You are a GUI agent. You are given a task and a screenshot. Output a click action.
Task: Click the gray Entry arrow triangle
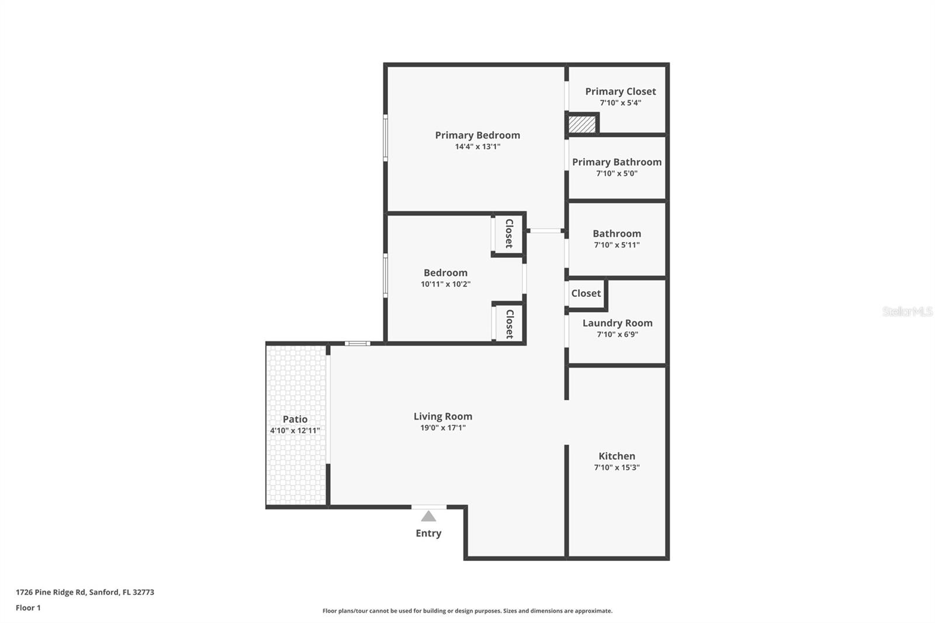click(x=428, y=517)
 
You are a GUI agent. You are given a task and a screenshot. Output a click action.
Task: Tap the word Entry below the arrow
click(x=428, y=533)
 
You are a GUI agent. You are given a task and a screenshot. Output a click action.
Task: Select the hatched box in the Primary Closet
click(x=582, y=124)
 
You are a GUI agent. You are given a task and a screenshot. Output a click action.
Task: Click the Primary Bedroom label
click(x=477, y=135)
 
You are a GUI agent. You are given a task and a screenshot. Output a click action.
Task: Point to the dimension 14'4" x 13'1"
click(x=477, y=147)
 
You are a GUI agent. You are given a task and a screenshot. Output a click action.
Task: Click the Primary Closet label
click(x=620, y=91)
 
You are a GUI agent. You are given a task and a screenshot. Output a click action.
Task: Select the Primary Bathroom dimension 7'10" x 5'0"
click(x=617, y=174)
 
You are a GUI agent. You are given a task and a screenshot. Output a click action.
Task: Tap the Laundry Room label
click(x=617, y=323)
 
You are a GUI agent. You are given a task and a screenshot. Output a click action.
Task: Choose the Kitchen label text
click(x=617, y=456)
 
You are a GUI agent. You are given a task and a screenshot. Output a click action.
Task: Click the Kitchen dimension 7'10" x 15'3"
click(x=617, y=468)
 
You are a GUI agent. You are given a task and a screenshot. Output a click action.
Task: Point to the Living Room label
click(x=442, y=416)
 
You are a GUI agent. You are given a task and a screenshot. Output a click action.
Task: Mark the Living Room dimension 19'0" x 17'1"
click(x=442, y=428)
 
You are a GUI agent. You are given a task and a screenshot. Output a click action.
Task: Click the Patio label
click(x=295, y=419)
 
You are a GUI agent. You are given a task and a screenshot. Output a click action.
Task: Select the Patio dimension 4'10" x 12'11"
click(x=295, y=431)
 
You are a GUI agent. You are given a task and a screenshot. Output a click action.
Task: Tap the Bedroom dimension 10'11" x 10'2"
click(x=445, y=284)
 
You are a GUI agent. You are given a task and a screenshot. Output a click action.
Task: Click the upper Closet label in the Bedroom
click(x=509, y=234)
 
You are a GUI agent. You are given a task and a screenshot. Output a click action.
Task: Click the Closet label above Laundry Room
click(x=586, y=293)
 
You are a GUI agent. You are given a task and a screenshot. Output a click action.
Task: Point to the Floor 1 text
click(x=28, y=608)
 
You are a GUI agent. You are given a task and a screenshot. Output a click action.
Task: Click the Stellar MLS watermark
click(x=907, y=311)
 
